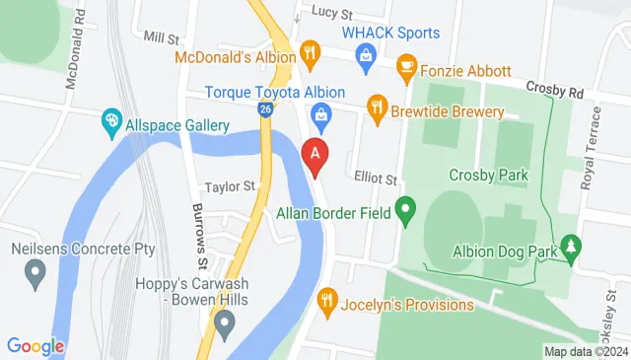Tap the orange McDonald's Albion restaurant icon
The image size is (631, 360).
(310, 50)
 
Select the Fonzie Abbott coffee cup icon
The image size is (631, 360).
(405, 65)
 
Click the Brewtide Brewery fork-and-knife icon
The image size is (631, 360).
(376, 105)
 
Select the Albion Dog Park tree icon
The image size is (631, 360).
(569, 244)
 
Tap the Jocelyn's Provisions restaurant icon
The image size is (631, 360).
(328, 298)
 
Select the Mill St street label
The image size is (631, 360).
(160, 37)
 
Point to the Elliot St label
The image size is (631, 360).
(376, 180)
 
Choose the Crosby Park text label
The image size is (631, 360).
(488, 176)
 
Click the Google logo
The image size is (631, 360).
(35, 346)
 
